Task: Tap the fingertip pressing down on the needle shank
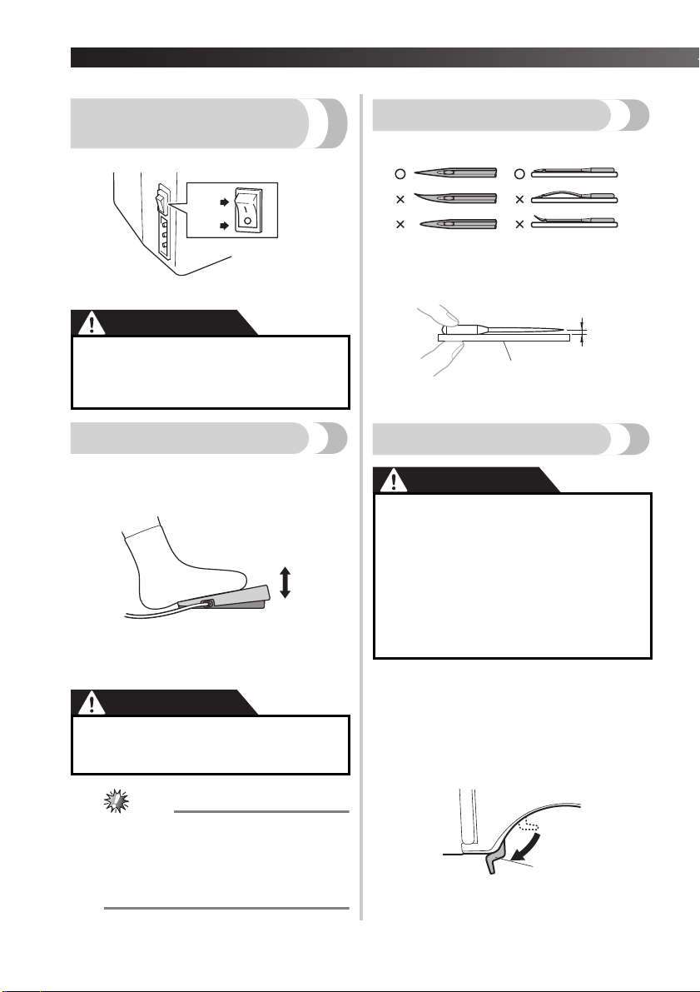coord(433,317)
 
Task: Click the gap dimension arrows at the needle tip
coord(584,331)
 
